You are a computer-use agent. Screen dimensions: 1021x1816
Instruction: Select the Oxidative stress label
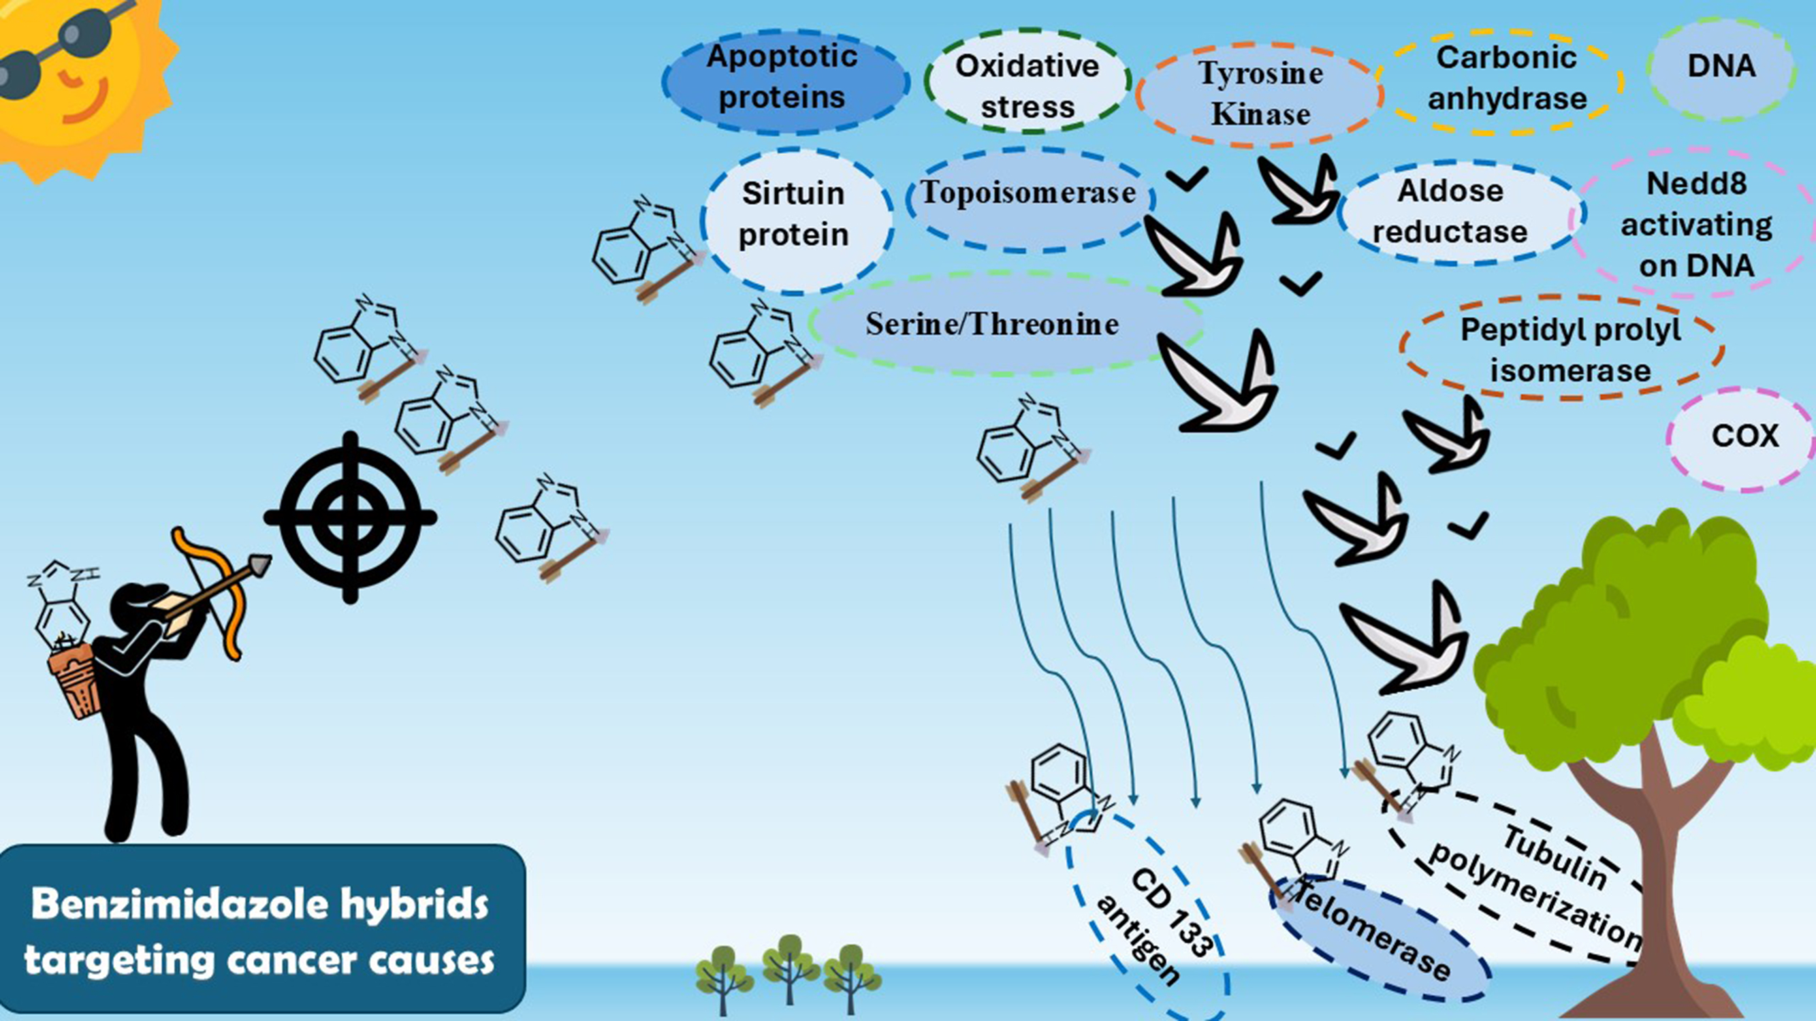point(1027,86)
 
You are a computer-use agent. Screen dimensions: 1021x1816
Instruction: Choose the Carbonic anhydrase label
point(1506,78)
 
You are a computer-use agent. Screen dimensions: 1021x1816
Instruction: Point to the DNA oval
point(1720,66)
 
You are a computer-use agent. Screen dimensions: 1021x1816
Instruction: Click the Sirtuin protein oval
point(794,214)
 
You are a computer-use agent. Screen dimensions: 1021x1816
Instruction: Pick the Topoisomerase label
point(1029,193)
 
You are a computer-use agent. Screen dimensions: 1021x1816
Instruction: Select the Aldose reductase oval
point(1451,212)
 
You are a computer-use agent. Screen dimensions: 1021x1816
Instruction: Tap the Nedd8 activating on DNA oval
point(1696,224)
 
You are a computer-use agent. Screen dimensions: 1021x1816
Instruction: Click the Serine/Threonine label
point(992,324)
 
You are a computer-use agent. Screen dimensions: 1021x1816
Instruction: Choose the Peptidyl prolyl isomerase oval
point(1570,349)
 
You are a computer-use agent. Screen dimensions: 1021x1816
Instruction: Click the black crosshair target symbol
point(351,518)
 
